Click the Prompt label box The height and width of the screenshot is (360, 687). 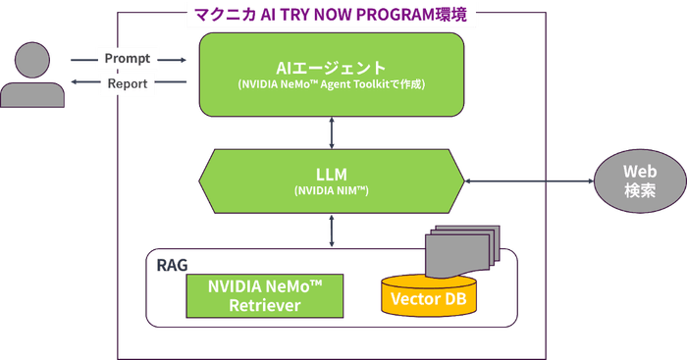[128, 59]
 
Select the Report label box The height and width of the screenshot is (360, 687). [128, 84]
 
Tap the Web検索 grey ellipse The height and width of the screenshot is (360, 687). [634, 180]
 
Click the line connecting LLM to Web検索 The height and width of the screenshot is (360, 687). [530, 180]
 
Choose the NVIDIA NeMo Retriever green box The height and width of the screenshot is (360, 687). [265, 294]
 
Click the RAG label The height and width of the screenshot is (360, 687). [171, 263]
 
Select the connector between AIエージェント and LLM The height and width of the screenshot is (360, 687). [331, 131]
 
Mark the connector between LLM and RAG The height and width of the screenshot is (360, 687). [331, 229]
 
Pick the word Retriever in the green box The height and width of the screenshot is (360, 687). [265, 305]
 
